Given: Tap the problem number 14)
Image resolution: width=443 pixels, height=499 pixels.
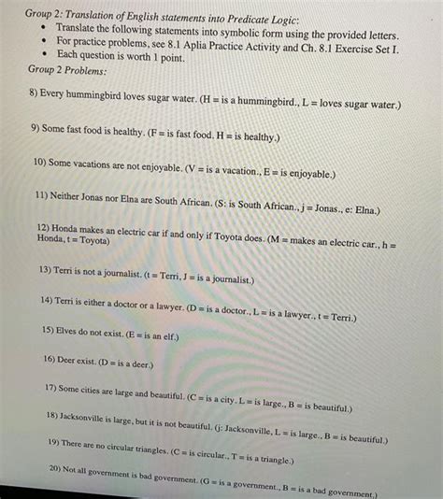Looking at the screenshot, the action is click(47, 302).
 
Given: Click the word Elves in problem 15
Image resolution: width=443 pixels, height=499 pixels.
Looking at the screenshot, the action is click(72, 331).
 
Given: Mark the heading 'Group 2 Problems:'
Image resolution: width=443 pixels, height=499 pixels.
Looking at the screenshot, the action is click(67, 71).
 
